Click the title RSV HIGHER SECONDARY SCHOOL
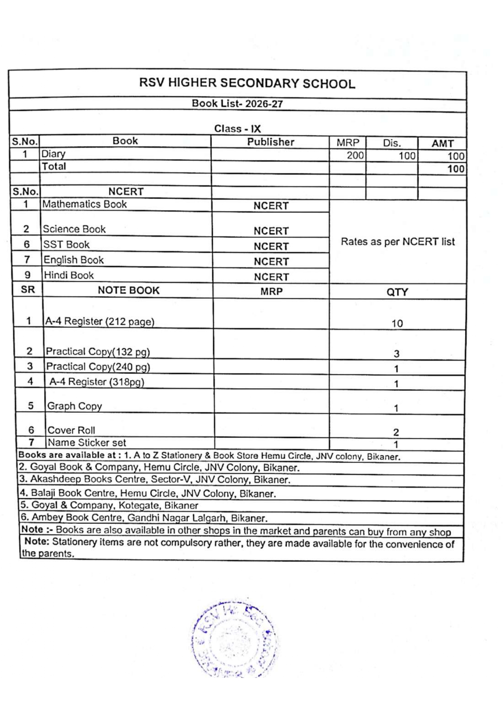(x=247, y=83)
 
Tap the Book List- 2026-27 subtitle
(x=237, y=104)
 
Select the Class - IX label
(x=237, y=129)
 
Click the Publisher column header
(x=271, y=142)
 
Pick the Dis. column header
(x=391, y=143)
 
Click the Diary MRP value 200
(x=355, y=155)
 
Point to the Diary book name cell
(x=54, y=154)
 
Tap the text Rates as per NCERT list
(x=398, y=242)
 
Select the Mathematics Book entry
(x=84, y=204)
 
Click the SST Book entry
(x=67, y=245)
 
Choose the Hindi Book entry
(x=69, y=275)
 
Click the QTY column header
(x=397, y=292)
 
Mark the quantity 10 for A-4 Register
(x=397, y=323)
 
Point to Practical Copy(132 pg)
(x=98, y=352)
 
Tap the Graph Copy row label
(x=75, y=406)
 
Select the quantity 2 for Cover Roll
(x=396, y=432)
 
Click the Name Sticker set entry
(x=87, y=443)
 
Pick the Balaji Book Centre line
(x=148, y=494)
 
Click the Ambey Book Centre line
(x=144, y=518)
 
